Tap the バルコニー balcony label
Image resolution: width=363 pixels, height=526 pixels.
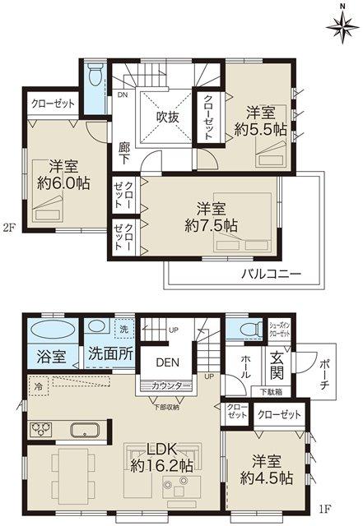click(271, 274)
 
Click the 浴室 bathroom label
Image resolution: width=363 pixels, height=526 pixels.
click(54, 358)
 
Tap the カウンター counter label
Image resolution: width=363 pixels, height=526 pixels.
click(170, 386)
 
